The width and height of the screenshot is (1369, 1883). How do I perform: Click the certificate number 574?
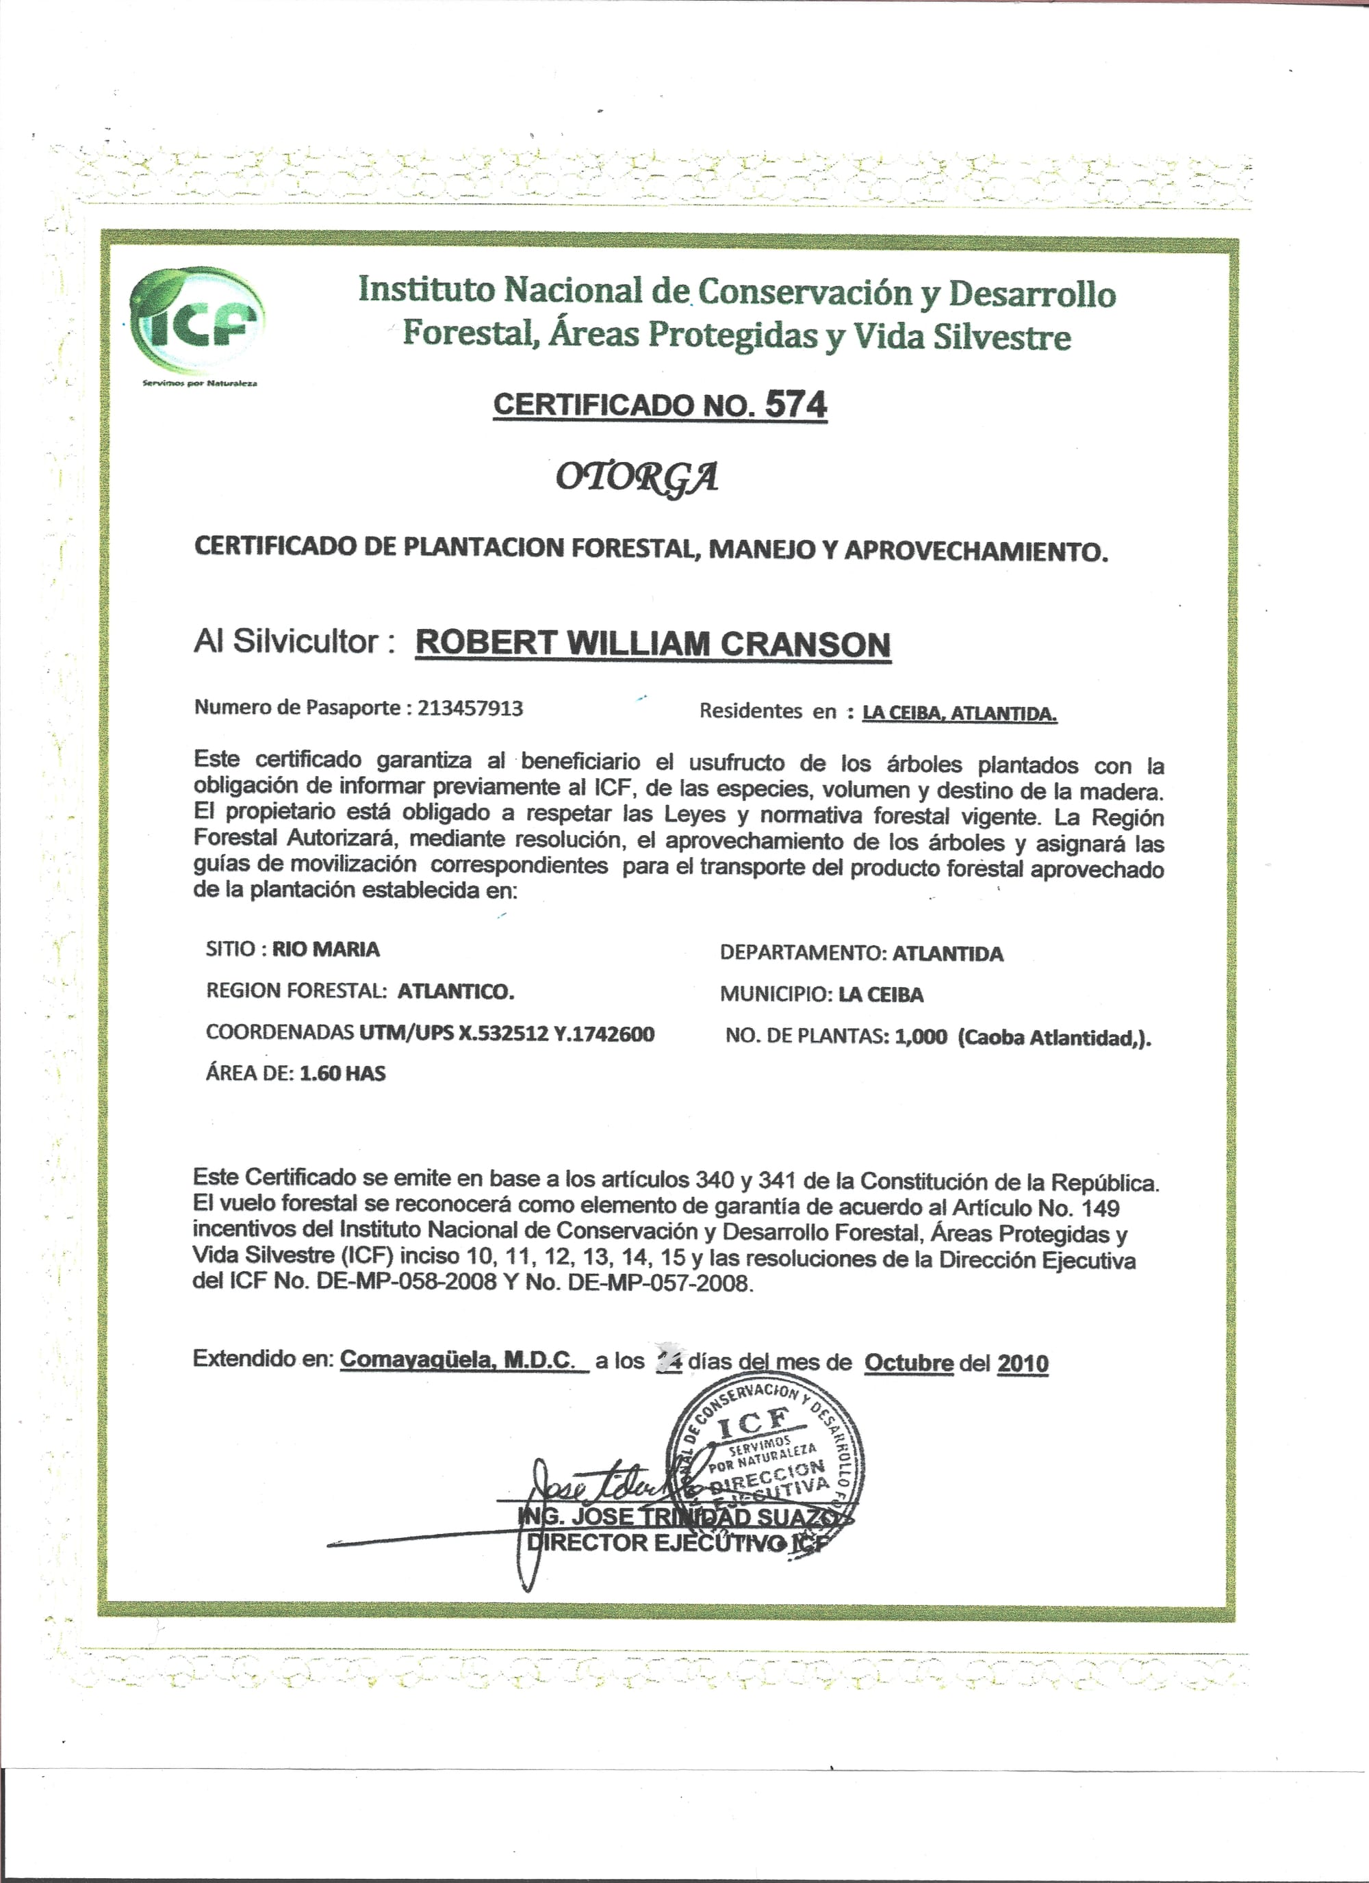795,405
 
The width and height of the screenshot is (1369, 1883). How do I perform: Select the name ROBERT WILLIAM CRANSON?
652,644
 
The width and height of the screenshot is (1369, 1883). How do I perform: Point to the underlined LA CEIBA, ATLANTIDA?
959,713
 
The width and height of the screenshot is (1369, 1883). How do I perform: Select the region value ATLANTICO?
455,991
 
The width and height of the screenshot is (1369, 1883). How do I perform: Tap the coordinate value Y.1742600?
604,1034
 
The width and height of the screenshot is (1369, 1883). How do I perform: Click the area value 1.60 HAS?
342,1073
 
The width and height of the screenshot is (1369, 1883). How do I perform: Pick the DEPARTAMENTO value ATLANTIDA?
947,954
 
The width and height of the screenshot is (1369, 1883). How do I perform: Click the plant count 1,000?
921,1038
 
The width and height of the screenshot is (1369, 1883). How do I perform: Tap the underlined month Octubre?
908,1363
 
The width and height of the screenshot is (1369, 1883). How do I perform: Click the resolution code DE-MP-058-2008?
407,1283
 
